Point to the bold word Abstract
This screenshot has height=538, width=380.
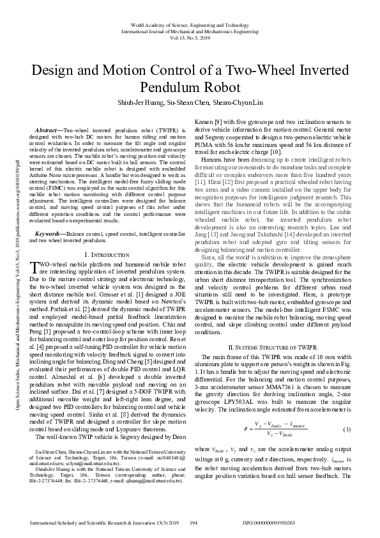(x=47, y=129)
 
